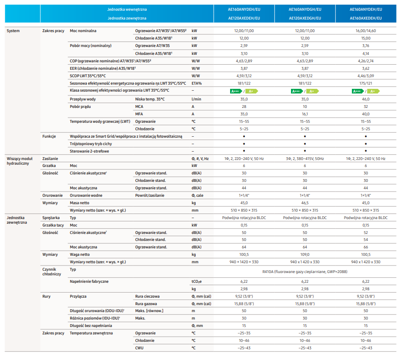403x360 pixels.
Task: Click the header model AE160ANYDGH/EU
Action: tap(304, 9)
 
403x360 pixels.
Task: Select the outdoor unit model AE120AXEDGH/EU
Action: tap(304, 18)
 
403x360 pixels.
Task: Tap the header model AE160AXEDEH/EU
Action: tap(366, 18)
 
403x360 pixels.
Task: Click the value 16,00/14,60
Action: tap(366, 30)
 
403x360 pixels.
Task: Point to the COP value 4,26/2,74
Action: tap(366, 60)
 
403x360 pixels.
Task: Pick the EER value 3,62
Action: tap(366, 68)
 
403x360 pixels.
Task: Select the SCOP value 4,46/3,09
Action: tap(366, 75)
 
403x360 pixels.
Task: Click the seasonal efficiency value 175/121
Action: tap(366, 83)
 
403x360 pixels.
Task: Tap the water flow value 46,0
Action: tap(366, 99)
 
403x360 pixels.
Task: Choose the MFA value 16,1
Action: tap(304, 113)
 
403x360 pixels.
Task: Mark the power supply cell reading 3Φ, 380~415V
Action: tap(304, 159)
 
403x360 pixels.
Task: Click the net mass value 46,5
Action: tap(304, 202)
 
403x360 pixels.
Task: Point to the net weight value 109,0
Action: tap(304, 254)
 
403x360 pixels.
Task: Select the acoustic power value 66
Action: tap(366, 247)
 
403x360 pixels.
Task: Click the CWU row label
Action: tap(139, 348)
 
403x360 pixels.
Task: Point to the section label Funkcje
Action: tap(49, 136)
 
